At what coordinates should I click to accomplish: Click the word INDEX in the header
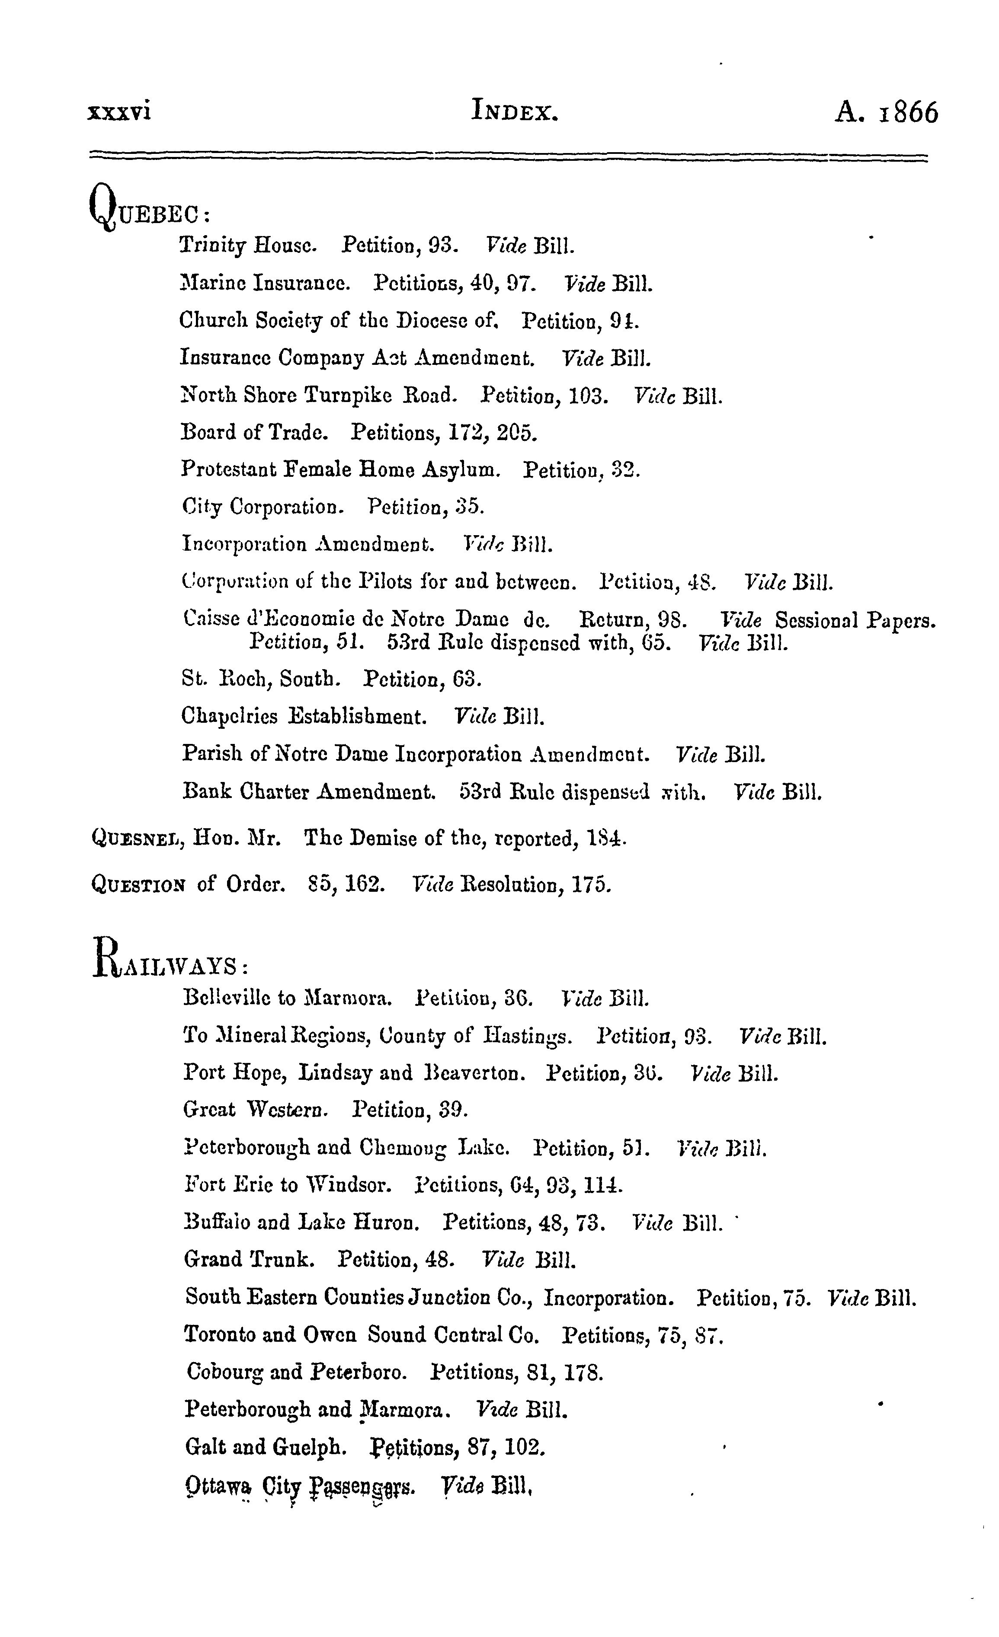click(515, 111)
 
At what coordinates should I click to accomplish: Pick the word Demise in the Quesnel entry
click(383, 839)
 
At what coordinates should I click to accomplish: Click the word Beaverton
click(474, 1074)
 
